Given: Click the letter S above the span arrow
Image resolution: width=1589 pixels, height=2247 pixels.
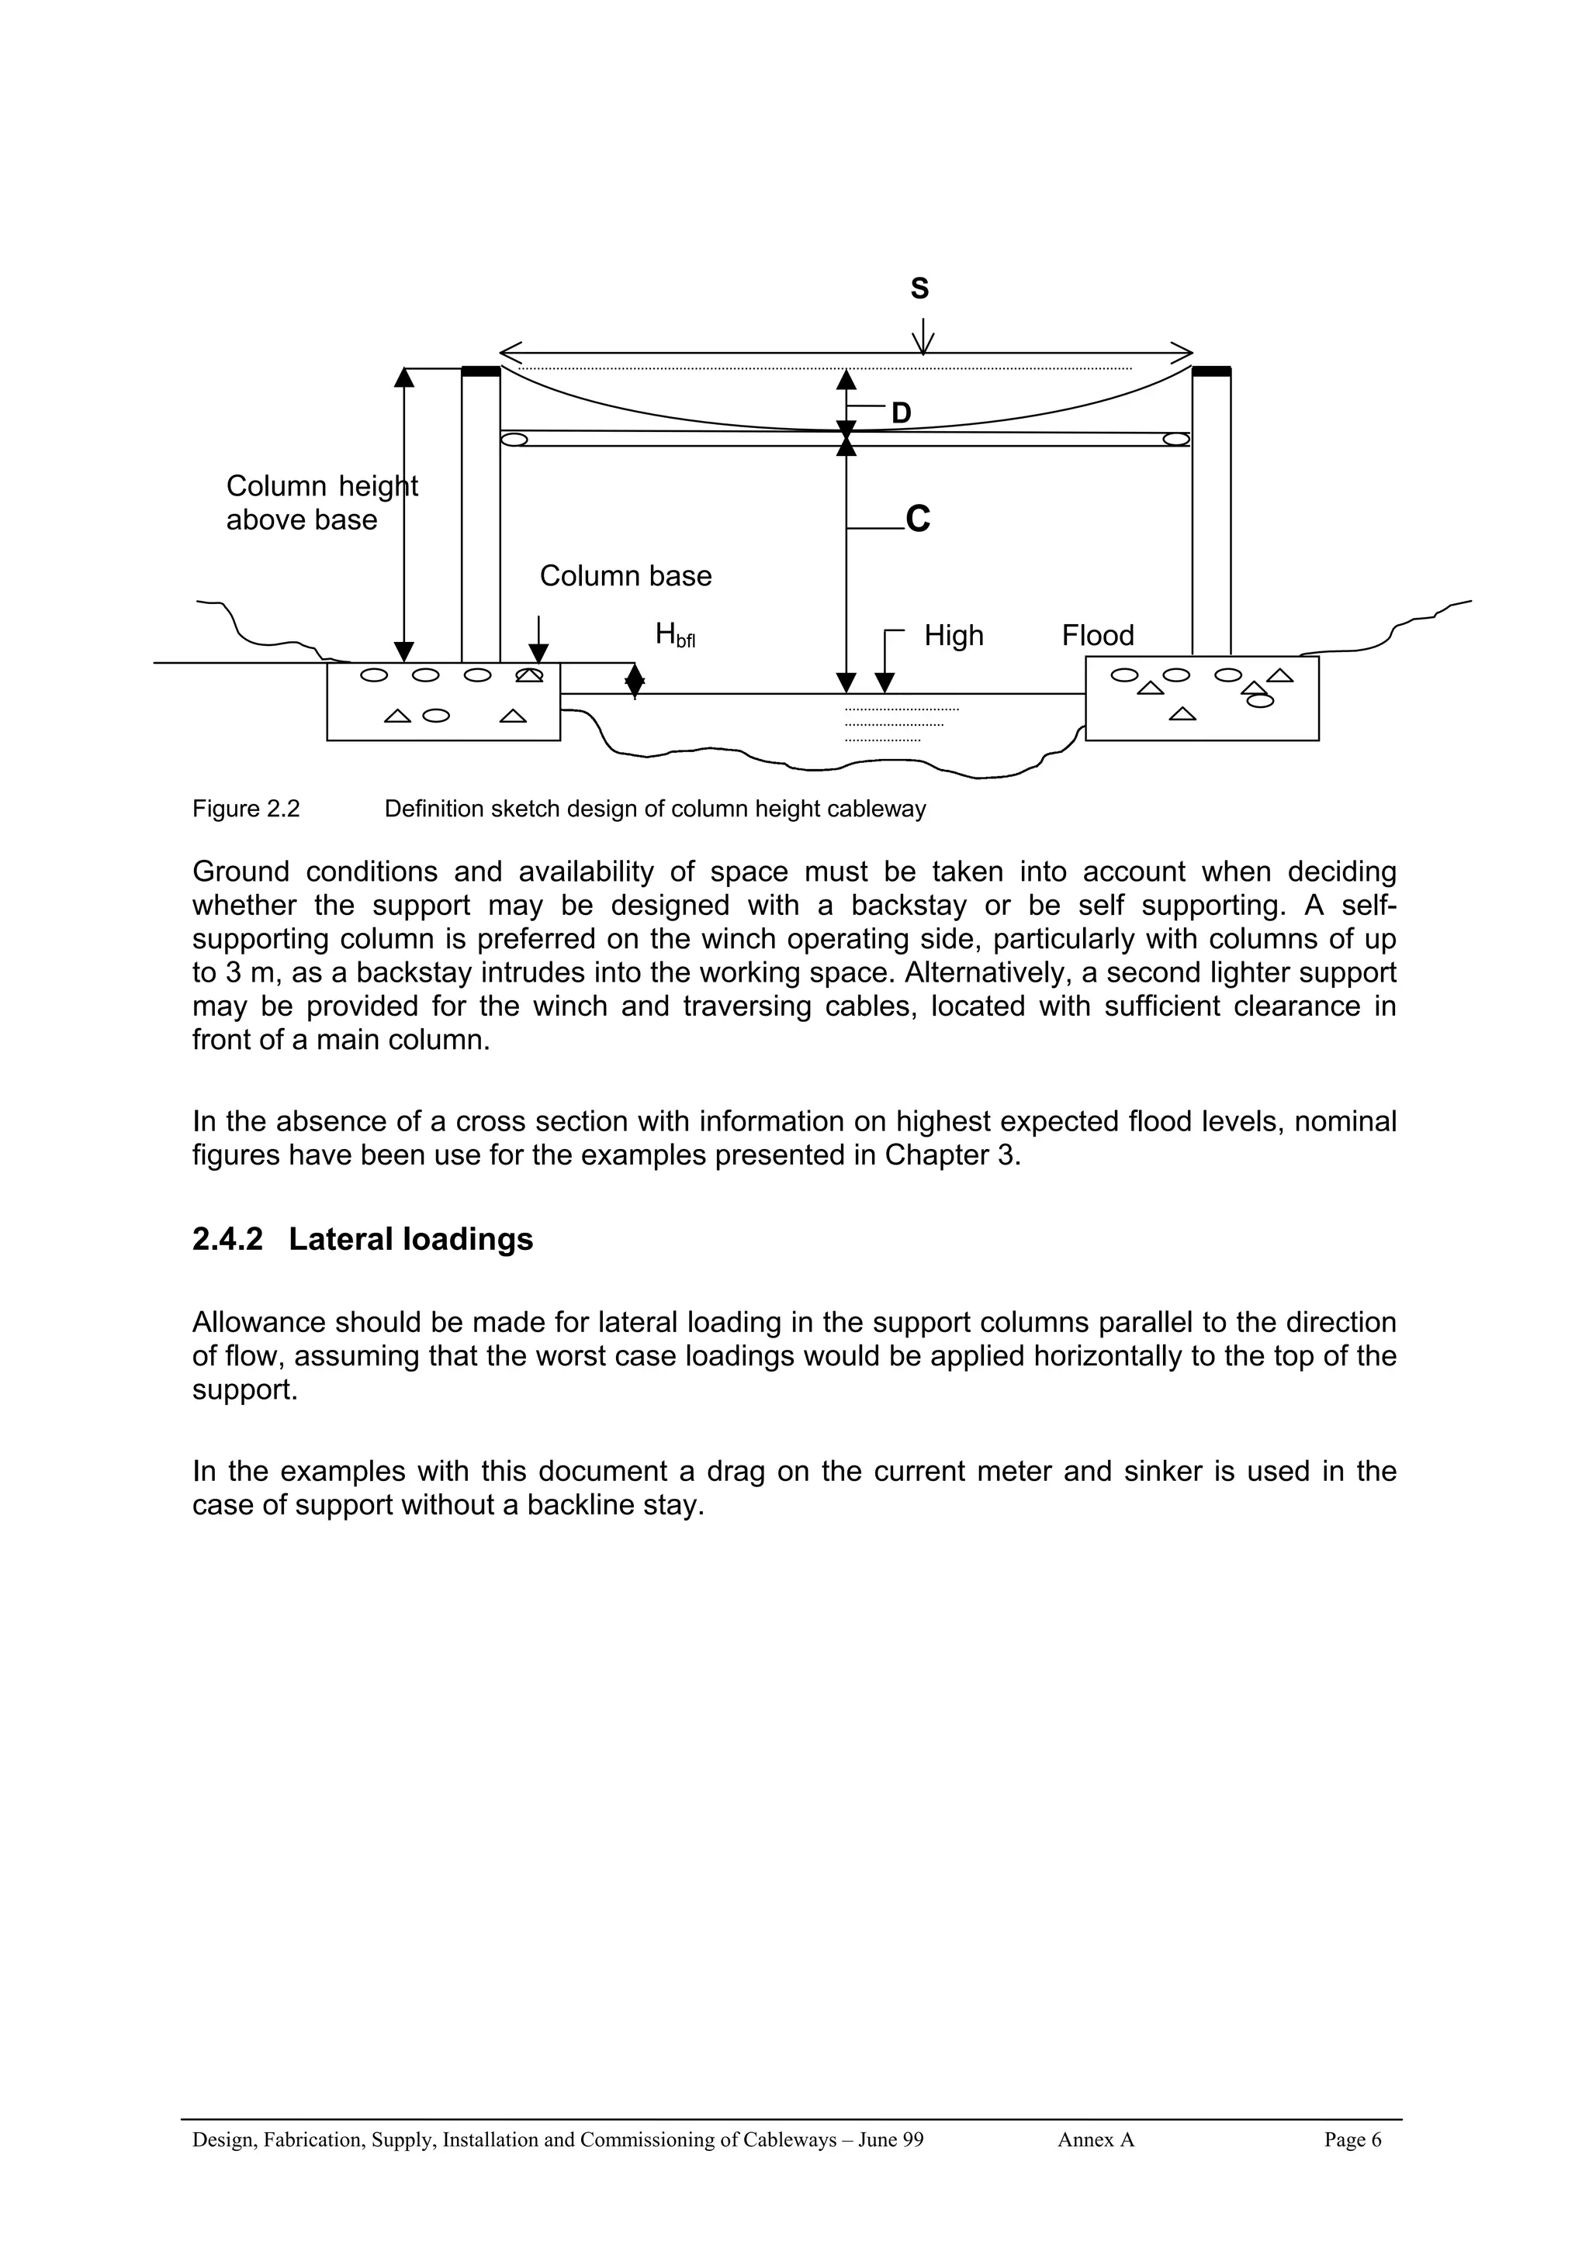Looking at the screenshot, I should [x=919, y=288].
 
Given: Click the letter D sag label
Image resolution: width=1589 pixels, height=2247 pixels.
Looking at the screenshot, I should [x=901, y=413].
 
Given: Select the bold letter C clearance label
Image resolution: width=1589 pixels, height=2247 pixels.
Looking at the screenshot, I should [x=917, y=519].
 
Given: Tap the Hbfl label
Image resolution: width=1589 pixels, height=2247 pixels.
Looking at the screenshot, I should [x=674, y=636].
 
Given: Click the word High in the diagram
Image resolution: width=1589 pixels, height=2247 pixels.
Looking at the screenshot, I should [x=953, y=636].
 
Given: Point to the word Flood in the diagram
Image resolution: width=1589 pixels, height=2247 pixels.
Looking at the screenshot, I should [x=1098, y=636].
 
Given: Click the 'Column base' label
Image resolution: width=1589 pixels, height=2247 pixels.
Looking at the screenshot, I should [x=625, y=576].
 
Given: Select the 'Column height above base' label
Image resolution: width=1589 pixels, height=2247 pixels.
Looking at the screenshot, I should [x=320, y=503].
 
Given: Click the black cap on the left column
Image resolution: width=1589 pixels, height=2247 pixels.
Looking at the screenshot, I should [x=481, y=371].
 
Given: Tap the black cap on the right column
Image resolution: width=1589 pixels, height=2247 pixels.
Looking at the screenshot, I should [x=1211, y=371].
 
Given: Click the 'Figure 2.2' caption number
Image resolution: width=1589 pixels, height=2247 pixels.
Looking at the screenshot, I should [x=246, y=809].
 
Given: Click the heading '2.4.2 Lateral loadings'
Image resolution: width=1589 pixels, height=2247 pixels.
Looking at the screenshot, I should [x=362, y=1239].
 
